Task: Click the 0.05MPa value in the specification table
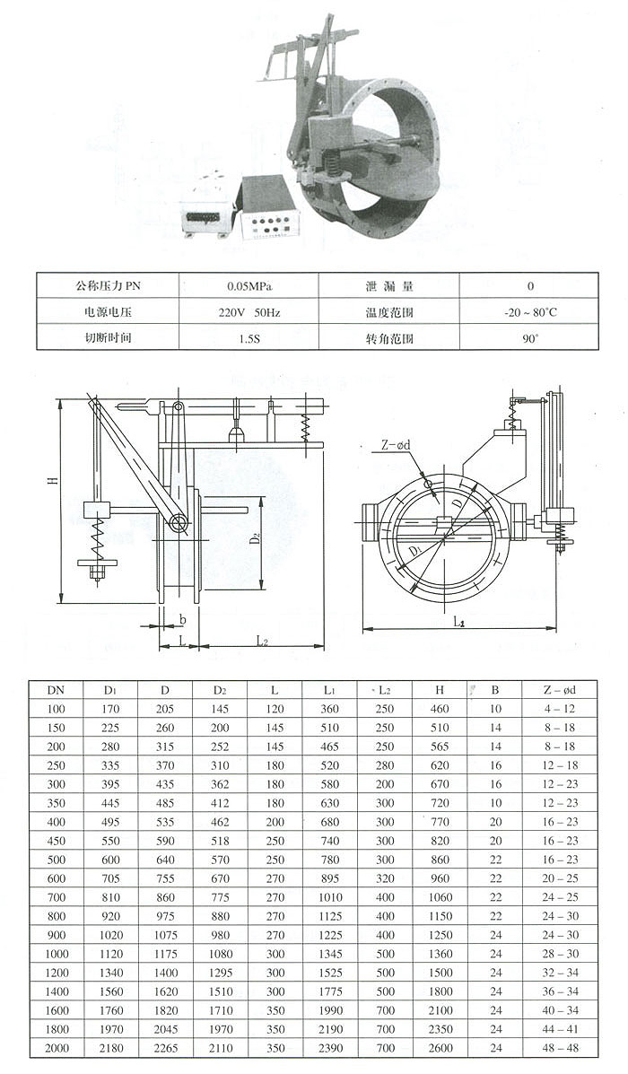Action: (249, 286)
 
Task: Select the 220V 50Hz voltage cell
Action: (249, 313)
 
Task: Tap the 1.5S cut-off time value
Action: (249, 339)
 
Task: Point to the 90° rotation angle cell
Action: (530, 339)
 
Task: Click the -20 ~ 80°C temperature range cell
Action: (530, 313)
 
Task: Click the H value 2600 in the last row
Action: (440, 1048)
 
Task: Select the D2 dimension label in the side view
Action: (255, 537)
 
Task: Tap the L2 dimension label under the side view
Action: (261, 641)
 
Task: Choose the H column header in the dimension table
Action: (440, 690)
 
